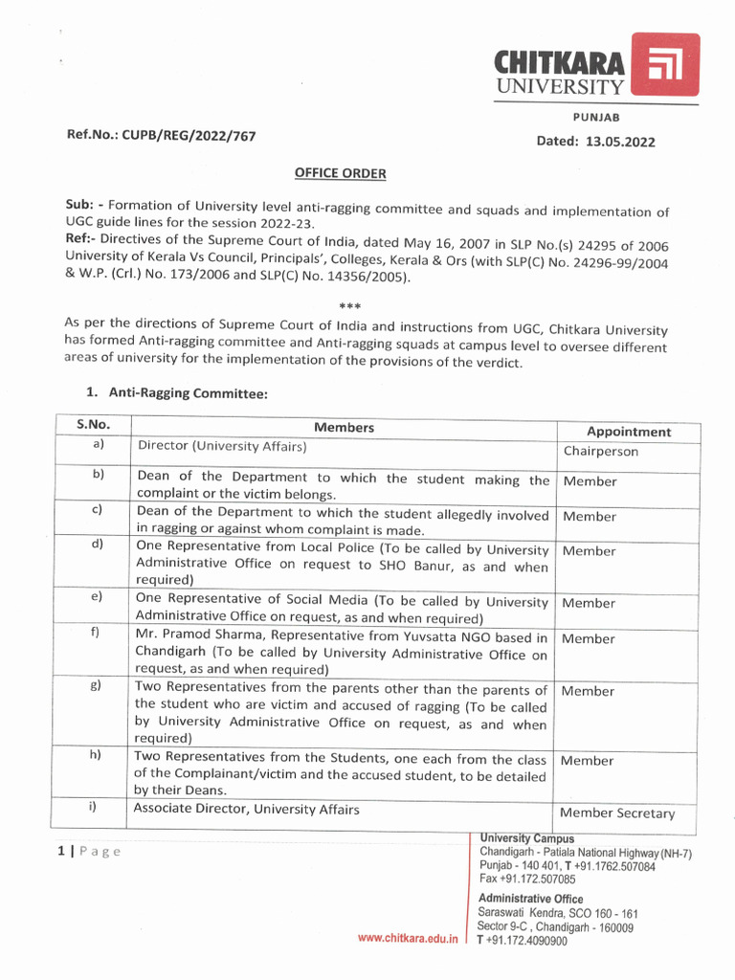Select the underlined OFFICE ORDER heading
tap(340, 173)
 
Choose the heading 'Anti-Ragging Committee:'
tap(188, 392)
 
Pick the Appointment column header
tap(628, 432)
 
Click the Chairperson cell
tap(600, 452)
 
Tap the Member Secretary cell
tap(616, 813)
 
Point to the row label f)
tap(96, 633)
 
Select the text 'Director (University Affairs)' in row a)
tap(222, 447)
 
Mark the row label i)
tap(94, 806)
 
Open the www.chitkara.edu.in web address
tap(406, 938)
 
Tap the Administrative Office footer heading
tap(530, 899)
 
